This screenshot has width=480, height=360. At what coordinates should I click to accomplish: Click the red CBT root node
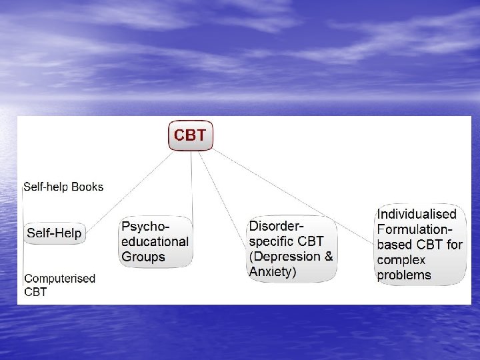(191, 136)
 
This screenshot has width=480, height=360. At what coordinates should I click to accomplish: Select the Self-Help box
(54, 233)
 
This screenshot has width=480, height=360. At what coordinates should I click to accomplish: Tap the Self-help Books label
(63, 187)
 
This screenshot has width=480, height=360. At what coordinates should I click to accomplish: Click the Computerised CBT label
(59, 284)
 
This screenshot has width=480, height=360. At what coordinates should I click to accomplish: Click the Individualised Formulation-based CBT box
(420, 244)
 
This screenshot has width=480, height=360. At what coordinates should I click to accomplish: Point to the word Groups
(143, 256)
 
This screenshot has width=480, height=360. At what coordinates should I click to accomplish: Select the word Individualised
(417, 215)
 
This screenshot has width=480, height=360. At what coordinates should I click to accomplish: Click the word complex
(402, 260)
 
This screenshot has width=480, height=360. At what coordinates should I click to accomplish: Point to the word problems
(404, 275)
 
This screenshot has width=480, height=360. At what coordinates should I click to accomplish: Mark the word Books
(88, 187)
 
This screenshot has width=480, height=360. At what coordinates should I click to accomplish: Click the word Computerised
(59, 278)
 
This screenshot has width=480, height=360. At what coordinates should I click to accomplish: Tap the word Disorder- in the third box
(279, 226)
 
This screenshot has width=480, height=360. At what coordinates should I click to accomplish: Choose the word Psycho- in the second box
(145, 226)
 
